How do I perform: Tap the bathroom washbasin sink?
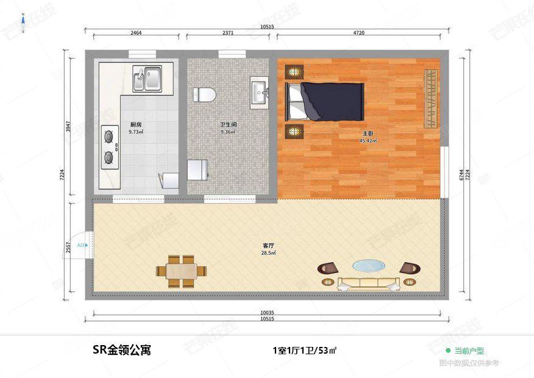pyautogui.click(x=260, y=93)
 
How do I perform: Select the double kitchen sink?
pyautogui.click(x=147, y=79)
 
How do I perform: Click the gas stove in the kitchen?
pyautogui.click(x=110, y=146)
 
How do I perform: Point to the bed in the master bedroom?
pyautogui.click(x=326, y=101)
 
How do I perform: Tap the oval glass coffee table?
pyautogui.click(x=369, y=266)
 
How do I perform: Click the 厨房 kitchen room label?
pyautogui.click(x=135, y=124)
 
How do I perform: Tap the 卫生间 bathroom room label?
pyautogui.click(x=229, y=124)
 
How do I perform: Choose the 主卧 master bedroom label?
pyautogui.click(x=368, y=133)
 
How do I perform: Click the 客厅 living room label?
pyautogui.click(x=268, y=246)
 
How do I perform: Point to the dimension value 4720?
pyautogui.click(x=358, y=33)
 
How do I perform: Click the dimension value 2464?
pyautogui.click(x=136, y=33)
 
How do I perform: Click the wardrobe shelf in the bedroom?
pyautogui.click(x=431, y=99)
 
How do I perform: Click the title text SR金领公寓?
pyautogui.click(x=122, y=350)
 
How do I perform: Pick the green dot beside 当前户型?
pyautogui.click(x=448, y=351)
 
